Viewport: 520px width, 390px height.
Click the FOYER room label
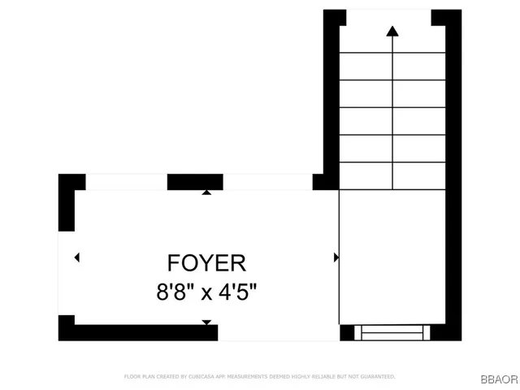[x=206, y=263]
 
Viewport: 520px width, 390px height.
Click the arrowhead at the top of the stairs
[x=392, y=32]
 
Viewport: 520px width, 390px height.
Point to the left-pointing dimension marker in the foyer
[x=76, y=258]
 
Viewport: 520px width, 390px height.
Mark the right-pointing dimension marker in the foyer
[x=336, y=258]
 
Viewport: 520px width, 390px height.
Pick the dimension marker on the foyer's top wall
[x=206, y=193]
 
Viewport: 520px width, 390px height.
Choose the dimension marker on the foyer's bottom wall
[x=206, y=323]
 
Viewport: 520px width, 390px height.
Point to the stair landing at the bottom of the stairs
[x=392, y=256]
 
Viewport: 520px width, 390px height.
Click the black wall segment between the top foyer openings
[x=195, y=181]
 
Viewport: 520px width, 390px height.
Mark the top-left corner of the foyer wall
[x=67, y=182]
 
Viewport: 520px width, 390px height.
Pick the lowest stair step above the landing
[x=392, y=175]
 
